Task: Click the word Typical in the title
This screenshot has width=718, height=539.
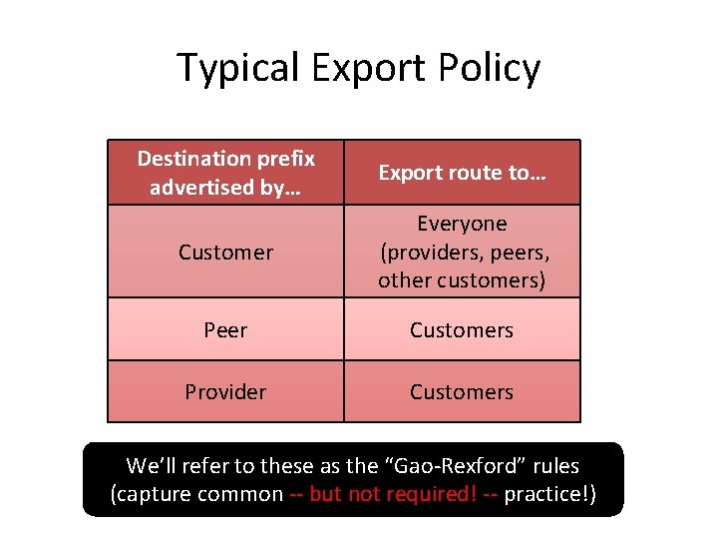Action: point(239,68)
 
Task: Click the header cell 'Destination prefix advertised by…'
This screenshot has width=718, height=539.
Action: point(225,173)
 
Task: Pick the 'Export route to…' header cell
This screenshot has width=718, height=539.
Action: point(462,173)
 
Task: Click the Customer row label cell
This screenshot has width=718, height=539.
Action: point(225,253)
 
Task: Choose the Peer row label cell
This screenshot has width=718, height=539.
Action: point(225,330)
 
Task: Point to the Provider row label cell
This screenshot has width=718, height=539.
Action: point(225,392)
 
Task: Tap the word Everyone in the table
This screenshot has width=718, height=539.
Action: point(462,224)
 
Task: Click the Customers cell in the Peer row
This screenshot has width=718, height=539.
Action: point(462,330)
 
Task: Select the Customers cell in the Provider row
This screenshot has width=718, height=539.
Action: point(462,392)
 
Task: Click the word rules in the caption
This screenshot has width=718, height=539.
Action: point(553,466)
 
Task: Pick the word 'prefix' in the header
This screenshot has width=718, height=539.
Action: point(285,159)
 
